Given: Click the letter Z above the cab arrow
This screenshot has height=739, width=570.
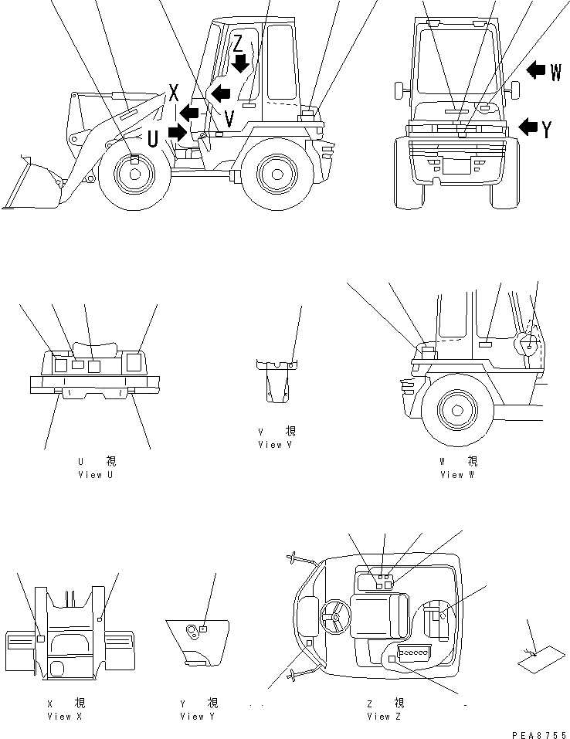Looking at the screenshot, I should point(239,43).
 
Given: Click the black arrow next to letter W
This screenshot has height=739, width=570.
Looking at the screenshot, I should point(536,71).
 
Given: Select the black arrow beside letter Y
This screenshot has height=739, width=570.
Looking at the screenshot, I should point(529,127).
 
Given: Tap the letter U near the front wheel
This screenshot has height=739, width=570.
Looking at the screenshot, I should point(153,140).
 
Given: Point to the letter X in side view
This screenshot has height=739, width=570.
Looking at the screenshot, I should point(174,94).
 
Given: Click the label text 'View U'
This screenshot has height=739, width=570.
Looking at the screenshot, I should point(95,475).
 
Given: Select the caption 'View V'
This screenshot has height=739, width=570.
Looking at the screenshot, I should point(276,445).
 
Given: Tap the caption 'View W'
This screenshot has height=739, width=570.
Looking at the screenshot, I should point(457,475).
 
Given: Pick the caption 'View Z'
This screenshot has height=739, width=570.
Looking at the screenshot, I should point(384,717).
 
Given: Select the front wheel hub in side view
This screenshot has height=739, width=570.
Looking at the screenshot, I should point(134,175).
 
